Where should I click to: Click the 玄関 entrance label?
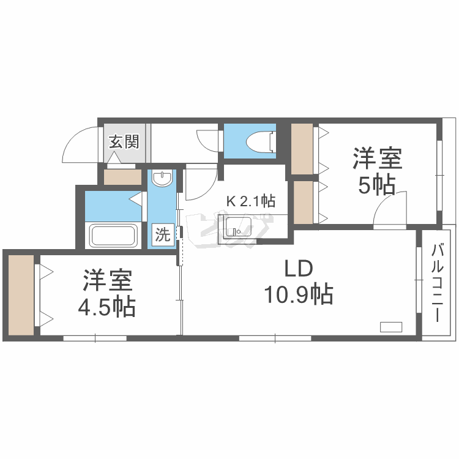124,142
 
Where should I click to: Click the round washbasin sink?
162,179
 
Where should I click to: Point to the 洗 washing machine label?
162,235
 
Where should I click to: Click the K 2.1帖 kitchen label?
250,201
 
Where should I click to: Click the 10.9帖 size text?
298,295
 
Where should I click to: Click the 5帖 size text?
376,184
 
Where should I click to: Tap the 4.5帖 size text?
106,307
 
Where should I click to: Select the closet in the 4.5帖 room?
21,294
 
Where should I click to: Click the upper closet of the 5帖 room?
302,149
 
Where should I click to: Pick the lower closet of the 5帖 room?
303,202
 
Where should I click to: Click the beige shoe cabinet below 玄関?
122,177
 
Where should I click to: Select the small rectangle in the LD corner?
390,326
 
